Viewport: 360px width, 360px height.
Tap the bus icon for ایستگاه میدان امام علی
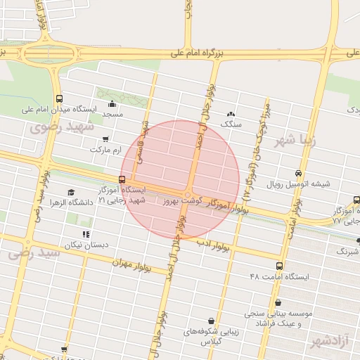(x=58, y=99)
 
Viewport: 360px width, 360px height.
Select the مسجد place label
(x=112, y=114)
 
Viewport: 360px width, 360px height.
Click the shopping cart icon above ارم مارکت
(x=105, y=139)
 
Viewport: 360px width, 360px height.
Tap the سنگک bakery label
(x=231, y=124)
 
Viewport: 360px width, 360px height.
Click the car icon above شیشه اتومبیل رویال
(x=299, y=173)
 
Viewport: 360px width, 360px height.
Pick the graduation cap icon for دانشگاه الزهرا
(x=70, y=192)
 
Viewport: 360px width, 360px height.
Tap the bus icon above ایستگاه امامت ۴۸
(x=280, y=266)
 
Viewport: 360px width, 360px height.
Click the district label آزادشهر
(x=328, y=342)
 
